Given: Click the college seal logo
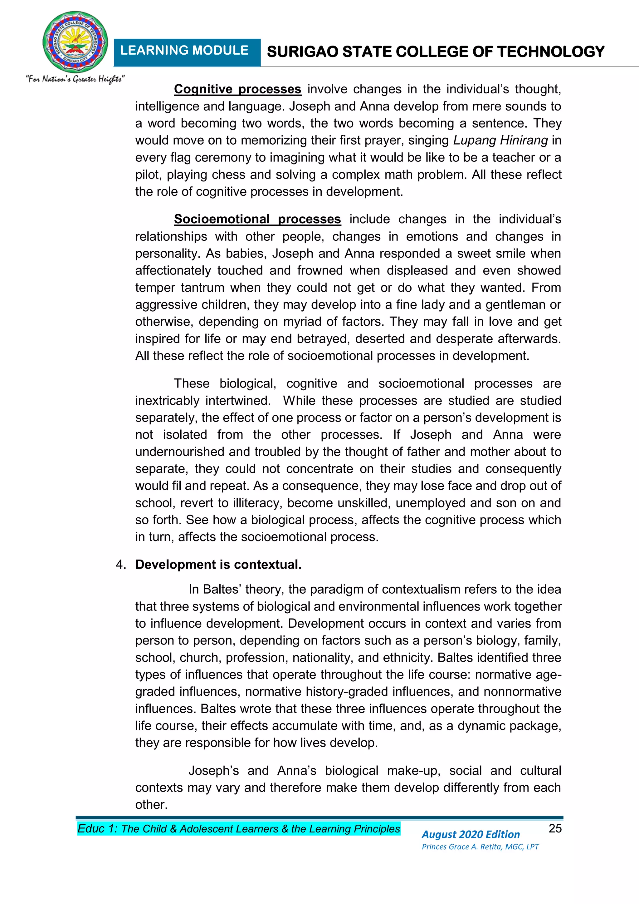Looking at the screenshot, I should pyautogui.click(x=75, y=42).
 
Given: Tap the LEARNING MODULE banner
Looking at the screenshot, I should pyautogui.click(x=184, y=51).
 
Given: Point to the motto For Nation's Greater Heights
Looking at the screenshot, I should pyautogui.click(x=75, y=79).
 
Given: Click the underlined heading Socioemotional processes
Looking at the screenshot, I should pyautogui.click(x=257, y=219).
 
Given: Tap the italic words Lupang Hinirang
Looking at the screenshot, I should pyautogui.click(x=500, y=141).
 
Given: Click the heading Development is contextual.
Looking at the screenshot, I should pyautogui.click(x=218, y=565).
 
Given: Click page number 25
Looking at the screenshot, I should pyautogui.click(x=555, y=828).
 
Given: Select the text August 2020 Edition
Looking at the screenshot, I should pyautogui.click(x=471, y=834).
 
